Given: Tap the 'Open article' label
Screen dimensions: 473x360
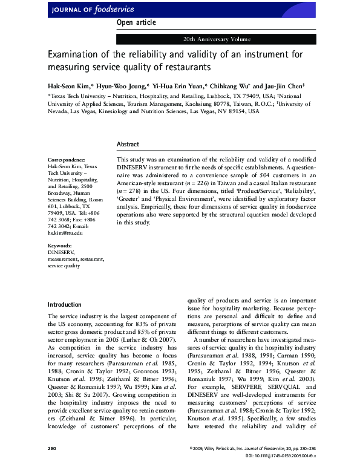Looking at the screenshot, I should (136, 22).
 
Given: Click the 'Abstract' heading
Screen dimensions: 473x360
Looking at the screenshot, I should (128, 145).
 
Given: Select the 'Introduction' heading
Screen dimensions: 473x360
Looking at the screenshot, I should (64, 304).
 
